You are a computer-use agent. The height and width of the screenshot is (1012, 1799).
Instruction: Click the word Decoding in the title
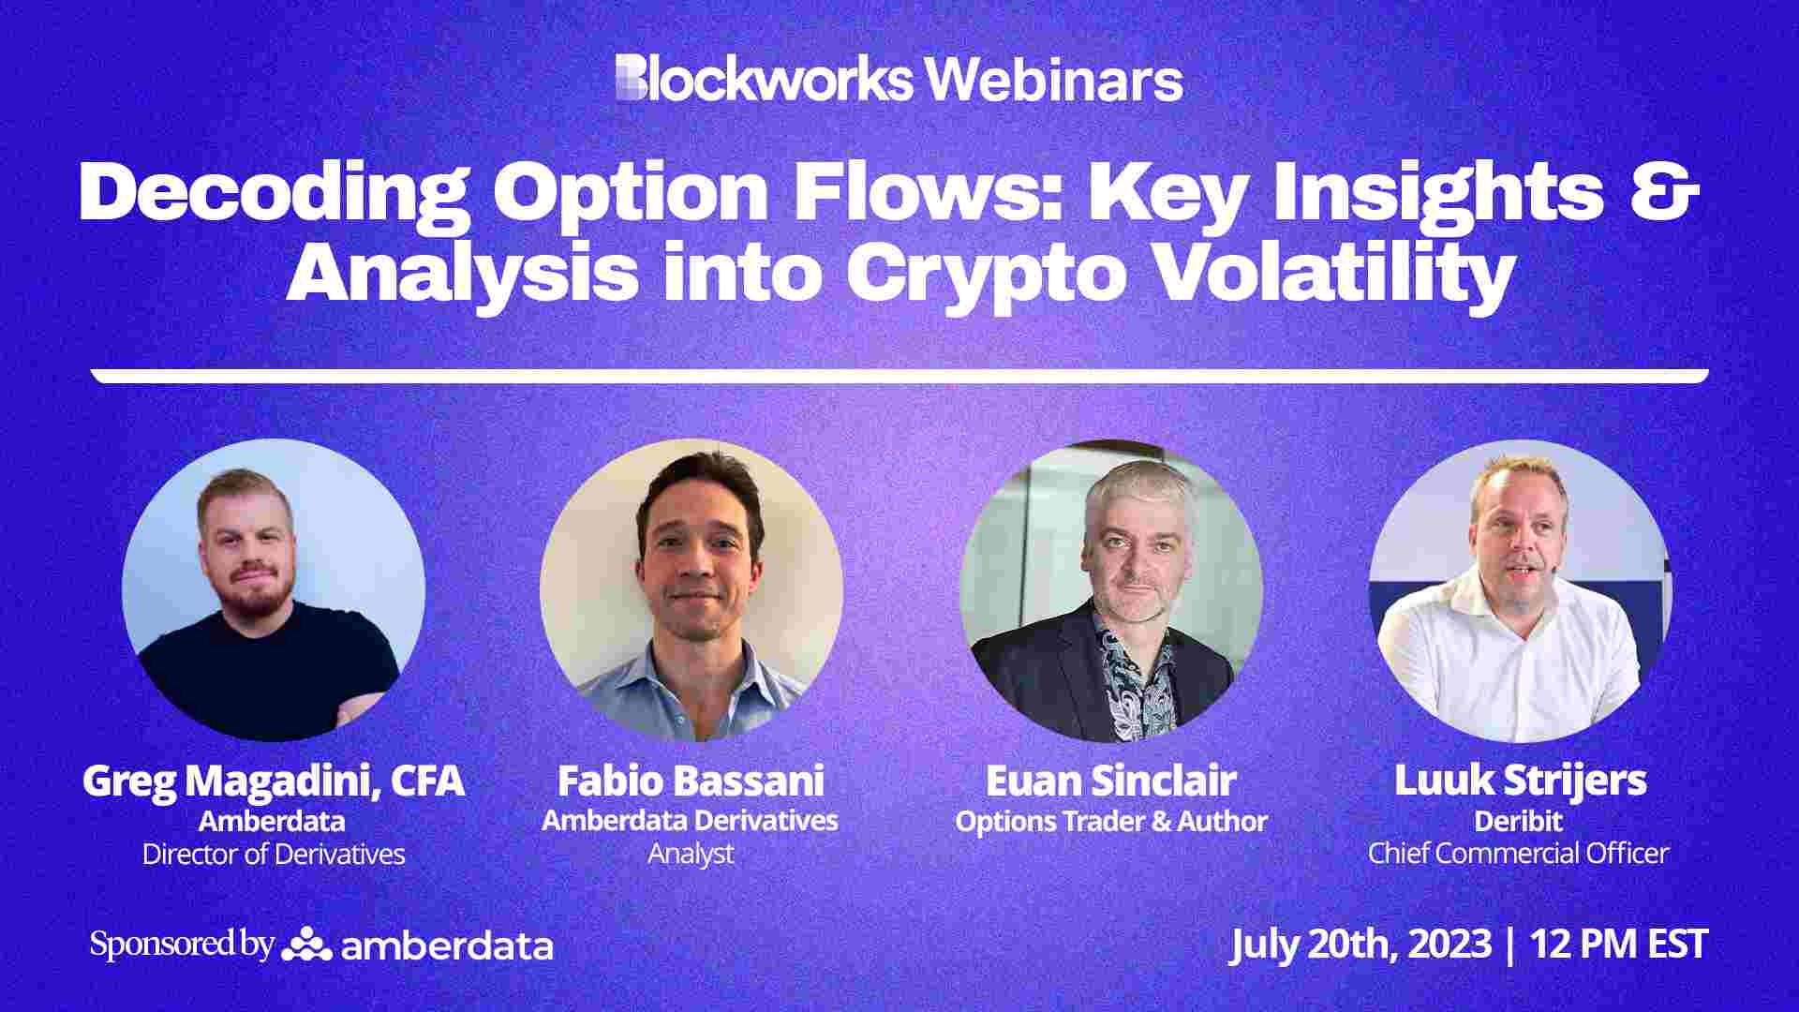[x=272, y=192]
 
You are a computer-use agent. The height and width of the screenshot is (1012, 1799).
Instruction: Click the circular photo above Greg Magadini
[x=274, y=590]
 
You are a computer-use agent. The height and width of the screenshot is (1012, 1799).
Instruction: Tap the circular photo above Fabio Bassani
[x=691, y=590]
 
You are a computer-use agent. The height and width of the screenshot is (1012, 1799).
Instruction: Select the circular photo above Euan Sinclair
[x=1111, y=590]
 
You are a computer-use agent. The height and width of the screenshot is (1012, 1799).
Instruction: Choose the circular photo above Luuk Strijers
[x=1520, y=590]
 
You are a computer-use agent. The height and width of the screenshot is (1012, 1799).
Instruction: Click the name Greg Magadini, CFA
[x=274, y=781]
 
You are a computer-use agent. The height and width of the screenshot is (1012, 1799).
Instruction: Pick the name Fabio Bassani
[x=691, y=781]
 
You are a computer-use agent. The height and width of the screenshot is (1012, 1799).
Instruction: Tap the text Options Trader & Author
[x=1111, y=822]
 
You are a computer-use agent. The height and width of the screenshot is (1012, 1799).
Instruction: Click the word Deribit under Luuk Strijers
[x=1518, y=822]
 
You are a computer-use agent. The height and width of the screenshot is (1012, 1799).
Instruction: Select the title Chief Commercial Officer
[x=1518, y=854]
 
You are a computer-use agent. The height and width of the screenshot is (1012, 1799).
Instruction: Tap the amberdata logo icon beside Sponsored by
[x=306, y=945]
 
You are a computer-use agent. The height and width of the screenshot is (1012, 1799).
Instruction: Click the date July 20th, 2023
[x=1360, y=944]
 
